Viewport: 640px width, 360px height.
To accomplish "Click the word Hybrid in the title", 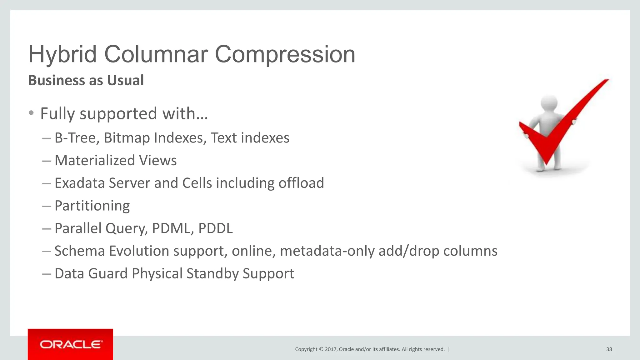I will pyautogui.click(x=62, y=54).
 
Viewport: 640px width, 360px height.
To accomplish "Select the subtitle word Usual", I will pyautogui.click(x=125, y=80).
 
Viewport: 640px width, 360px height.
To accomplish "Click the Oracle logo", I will pyautogui.click(x=70, y=344).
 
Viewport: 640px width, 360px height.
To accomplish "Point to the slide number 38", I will pyautogui.click(x=609, y=349).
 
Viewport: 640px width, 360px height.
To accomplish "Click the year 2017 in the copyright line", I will pyautogui.click(x=330, y=349).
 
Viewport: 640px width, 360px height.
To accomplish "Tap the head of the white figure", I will pyautogui.click(x=549, y=103).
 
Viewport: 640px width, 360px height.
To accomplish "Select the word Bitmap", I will pyautogui.click(x=127, y=138).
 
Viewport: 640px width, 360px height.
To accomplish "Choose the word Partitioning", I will pyautogui.click(x=92, y=206).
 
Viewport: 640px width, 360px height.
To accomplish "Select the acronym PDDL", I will pyautogui.click(x=216, y=228).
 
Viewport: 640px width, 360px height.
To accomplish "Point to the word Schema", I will pyautogui.click(x=79, y=251).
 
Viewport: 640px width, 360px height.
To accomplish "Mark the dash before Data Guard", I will pyautogui.click(x=47, y=274).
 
